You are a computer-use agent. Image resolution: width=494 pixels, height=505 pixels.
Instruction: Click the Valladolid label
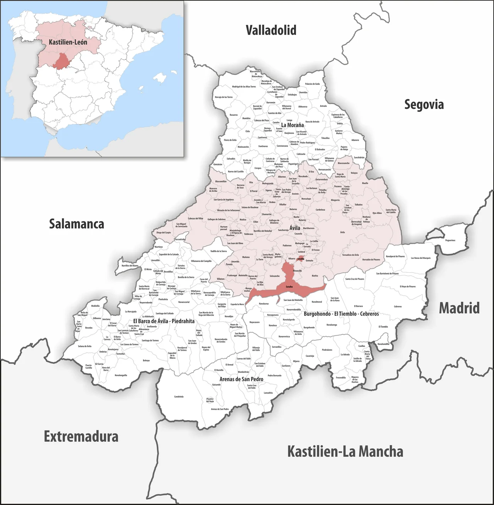coord(271,30)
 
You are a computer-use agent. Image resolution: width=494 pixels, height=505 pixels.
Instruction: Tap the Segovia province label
coord(424,104)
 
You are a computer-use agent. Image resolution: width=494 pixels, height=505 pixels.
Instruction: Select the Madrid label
coord(459,308)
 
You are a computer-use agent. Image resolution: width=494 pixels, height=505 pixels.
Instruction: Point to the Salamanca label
coord(76,224)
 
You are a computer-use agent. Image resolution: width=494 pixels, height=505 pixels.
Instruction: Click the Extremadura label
coord(81,436)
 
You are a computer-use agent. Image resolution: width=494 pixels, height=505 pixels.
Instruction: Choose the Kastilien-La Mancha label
coord(345,451)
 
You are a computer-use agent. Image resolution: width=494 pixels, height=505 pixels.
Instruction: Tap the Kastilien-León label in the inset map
coord(68,42)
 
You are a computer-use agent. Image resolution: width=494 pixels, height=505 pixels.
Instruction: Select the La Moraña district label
coord(292,125)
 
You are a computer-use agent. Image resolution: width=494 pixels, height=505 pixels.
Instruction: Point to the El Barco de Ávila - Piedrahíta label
coord(164,321)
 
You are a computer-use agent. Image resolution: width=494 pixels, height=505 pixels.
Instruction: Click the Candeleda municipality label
coord(179,397)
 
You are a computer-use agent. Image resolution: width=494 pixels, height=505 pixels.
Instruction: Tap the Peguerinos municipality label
coord(450,240)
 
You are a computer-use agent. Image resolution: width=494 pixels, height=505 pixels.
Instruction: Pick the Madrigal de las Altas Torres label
coord(244,87)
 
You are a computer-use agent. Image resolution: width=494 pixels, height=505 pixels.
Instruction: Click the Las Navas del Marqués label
coord(421,258)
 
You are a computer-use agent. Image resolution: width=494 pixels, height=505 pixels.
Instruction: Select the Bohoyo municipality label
coord(146,360)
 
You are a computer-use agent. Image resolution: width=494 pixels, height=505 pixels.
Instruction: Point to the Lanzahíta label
coord(268,393)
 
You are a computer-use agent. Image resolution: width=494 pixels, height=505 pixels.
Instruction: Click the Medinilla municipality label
coord(95,306)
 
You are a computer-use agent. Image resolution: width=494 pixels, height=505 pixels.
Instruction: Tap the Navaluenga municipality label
coord(332,325)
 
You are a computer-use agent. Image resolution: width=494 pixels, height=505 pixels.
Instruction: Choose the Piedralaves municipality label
coord(327,350)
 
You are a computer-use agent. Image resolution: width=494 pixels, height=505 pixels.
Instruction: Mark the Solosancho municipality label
coord(274,276)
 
